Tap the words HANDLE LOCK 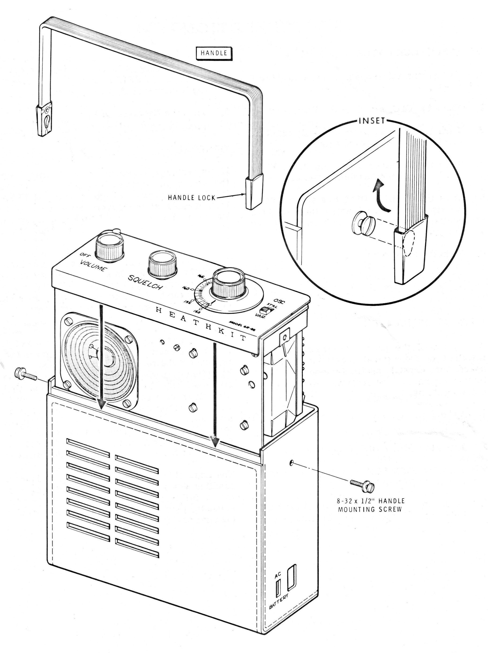click(x=192, y=198)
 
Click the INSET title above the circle click(x=372, y=121)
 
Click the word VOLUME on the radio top click(x=92, y=265)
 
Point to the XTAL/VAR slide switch click(x=267, y=311)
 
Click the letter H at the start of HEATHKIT click(x=159, y=310)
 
